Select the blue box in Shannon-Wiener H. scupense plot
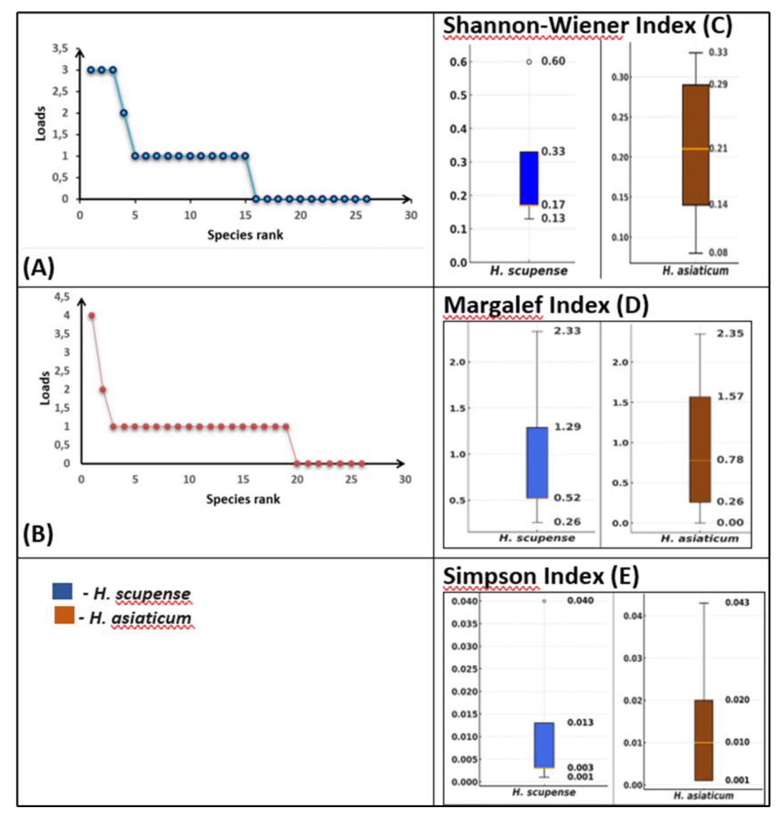point(529,178)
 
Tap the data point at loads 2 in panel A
point(124,113)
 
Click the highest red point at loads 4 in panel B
point(92,316)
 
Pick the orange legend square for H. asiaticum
point(64,615)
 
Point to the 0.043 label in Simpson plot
point(737,602)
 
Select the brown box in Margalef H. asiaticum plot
point(700,449)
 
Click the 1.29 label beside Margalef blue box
point(567,426)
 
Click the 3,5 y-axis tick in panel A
point(59,48)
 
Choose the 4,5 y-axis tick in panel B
point(62,297)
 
